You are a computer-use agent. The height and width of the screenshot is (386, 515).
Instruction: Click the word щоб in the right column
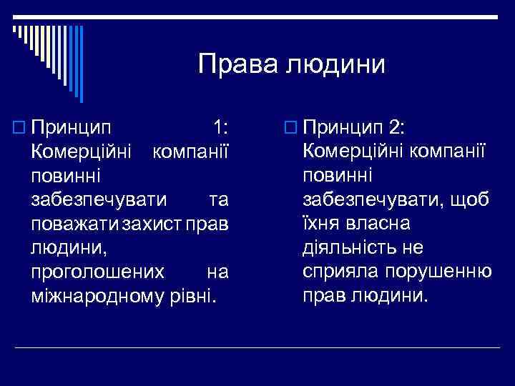473,199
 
